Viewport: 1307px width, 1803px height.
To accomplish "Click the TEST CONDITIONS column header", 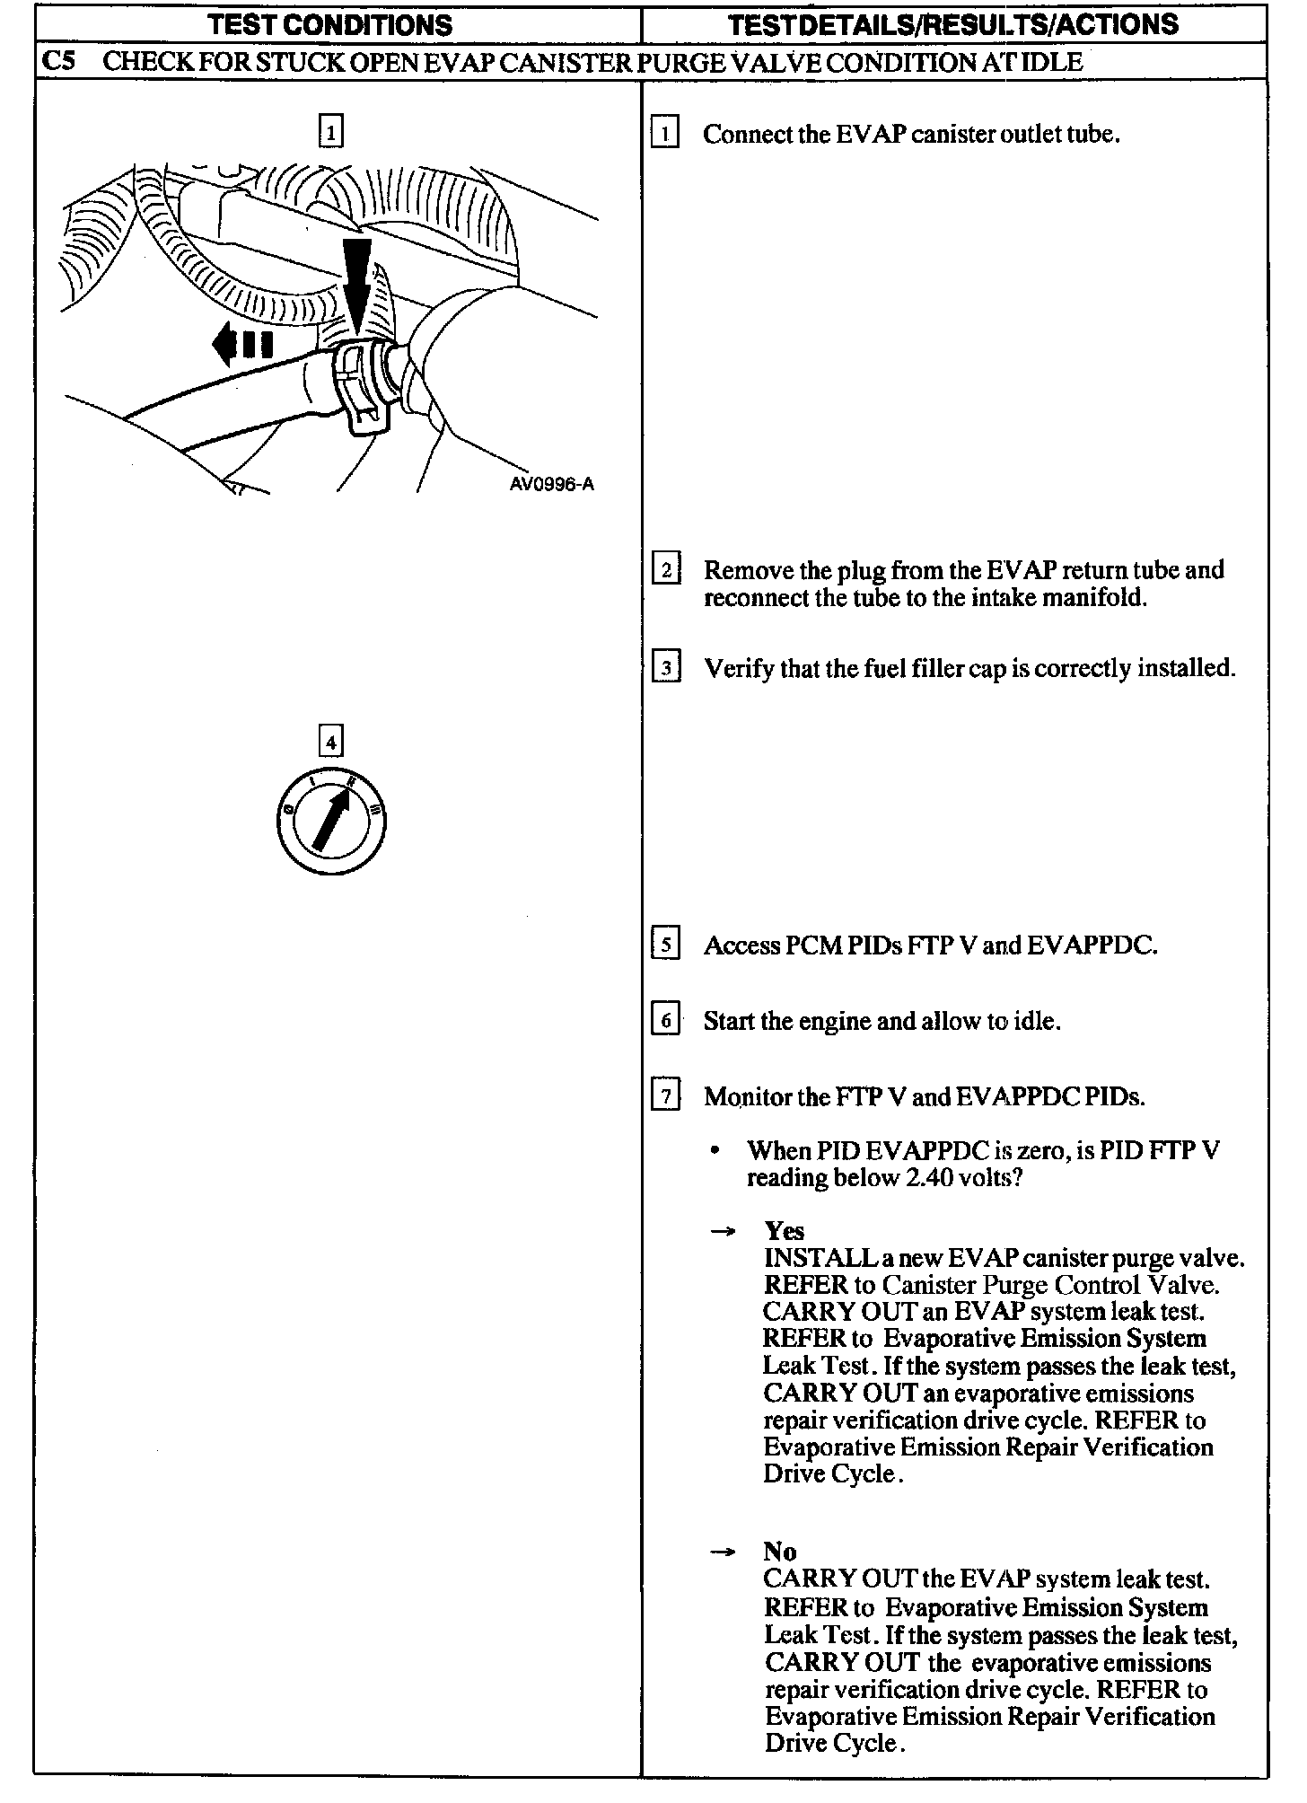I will [329, 25].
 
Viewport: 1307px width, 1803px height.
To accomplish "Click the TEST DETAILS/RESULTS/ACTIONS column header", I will [953, 25].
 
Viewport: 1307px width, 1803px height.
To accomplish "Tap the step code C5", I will [59, 62].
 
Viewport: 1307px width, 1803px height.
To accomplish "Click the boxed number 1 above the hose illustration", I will [330, 134].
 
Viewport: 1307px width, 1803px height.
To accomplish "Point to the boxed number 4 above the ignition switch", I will [330, 743].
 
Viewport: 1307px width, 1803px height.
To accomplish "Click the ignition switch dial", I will [331, 822].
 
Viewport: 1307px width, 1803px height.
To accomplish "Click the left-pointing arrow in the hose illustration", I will [241, 345].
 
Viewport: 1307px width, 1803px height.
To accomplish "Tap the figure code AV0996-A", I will [551, 485].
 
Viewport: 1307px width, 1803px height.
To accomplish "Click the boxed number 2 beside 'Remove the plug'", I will [665, 570].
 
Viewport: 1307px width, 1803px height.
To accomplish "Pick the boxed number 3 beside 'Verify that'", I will [665, 668].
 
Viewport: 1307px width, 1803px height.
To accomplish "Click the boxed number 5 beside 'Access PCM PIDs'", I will [665, 945].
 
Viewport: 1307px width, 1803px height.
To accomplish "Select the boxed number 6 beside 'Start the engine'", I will [665, 1021].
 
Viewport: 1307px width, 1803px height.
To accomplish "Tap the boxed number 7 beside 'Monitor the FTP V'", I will [665, 1096].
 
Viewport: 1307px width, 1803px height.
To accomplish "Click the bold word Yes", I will [784, 1231].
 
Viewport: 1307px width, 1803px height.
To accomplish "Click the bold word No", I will [779, 1552].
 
